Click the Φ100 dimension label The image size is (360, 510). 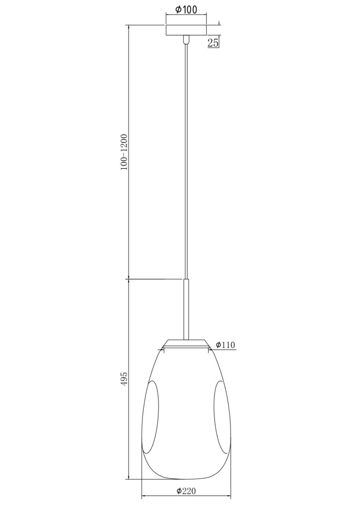click(186, 9)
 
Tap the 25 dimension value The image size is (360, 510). click(213, 42)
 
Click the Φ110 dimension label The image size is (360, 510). click(225, 345)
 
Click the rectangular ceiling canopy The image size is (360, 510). click(186, 30)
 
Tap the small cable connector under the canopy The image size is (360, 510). click(186, 40)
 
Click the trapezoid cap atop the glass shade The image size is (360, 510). click(186, 343)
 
